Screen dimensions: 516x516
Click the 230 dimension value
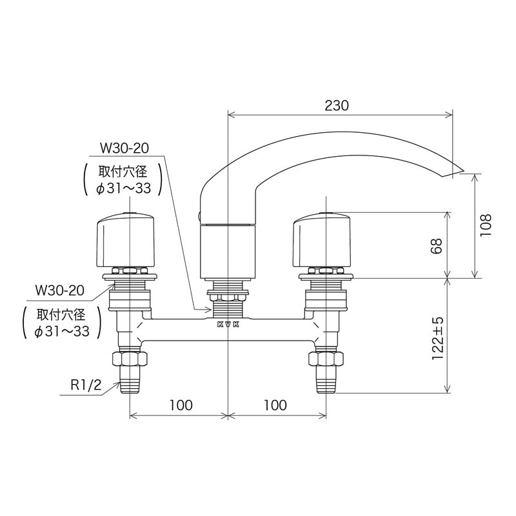[337, 106]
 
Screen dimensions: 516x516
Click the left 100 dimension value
[181, 405]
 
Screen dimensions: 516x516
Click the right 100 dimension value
[275, 405]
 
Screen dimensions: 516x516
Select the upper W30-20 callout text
[124, 148]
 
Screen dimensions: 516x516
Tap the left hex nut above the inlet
[131, 357]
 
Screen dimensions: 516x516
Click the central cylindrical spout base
[228, 252]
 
